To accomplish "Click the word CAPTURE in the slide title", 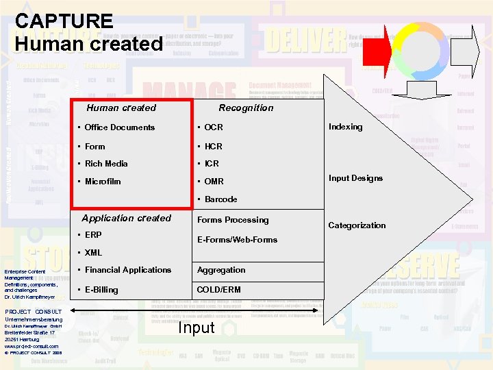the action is click(x=64, y=21).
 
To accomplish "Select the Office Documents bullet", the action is click(x=119, y=127).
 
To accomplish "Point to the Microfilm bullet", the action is click(x=102, y=182).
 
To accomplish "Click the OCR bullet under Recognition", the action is click(x=213, y=127).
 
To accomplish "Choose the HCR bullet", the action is click(x=213, y=147).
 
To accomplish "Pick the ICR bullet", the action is click(x=212, y=164).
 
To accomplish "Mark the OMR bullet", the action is click(x=214, y=182).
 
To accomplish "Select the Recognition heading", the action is click(x=246, y=108).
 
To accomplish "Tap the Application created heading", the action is click(x=126, y=219).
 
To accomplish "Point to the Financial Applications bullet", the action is click(x=127, y=270).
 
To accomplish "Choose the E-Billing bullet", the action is click(x=101, y=290).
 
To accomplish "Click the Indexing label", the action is click(x=346, y=127).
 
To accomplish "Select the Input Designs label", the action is click(x=355, y=178).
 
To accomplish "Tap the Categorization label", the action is click(x=357, y=225).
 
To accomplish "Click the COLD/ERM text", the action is click(x=218, y=290).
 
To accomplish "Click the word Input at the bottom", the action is click(x=197, y=328).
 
